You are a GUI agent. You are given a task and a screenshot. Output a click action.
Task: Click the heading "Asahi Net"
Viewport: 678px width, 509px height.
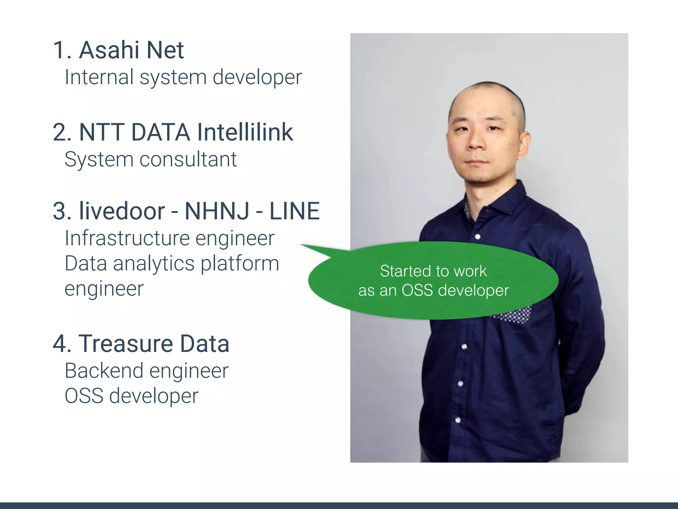(131, 50)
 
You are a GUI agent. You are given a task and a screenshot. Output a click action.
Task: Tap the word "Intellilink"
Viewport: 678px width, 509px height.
(245, 133)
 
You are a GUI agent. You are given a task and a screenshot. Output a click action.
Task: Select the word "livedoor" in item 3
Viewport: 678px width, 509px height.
(122, 211)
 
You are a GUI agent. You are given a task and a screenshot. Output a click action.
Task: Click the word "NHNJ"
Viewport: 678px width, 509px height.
(217, 211)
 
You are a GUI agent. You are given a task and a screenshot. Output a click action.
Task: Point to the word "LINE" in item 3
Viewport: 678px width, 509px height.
(294, 211)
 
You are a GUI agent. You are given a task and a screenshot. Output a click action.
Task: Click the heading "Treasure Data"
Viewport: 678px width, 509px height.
(154, 344)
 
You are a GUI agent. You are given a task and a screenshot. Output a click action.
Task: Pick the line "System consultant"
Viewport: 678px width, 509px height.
(151, 159)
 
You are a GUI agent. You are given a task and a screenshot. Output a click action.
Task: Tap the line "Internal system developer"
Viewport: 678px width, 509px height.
(183, 77)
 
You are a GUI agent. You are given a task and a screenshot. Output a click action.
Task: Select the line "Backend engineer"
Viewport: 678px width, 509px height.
(147, 371)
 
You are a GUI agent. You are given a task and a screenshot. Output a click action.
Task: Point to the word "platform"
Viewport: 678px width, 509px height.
(240, 264)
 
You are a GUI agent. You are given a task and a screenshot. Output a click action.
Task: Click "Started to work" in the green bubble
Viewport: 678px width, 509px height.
(433, 271)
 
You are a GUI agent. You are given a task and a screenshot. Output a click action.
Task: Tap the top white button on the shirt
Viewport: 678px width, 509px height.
(478, 237)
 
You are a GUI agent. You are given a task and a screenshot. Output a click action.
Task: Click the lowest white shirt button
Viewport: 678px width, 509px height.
(458, 420)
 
